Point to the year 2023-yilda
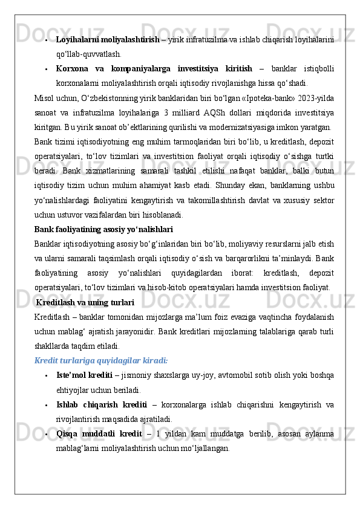tap(319, 97)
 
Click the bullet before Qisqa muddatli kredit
tap(47, 434)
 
